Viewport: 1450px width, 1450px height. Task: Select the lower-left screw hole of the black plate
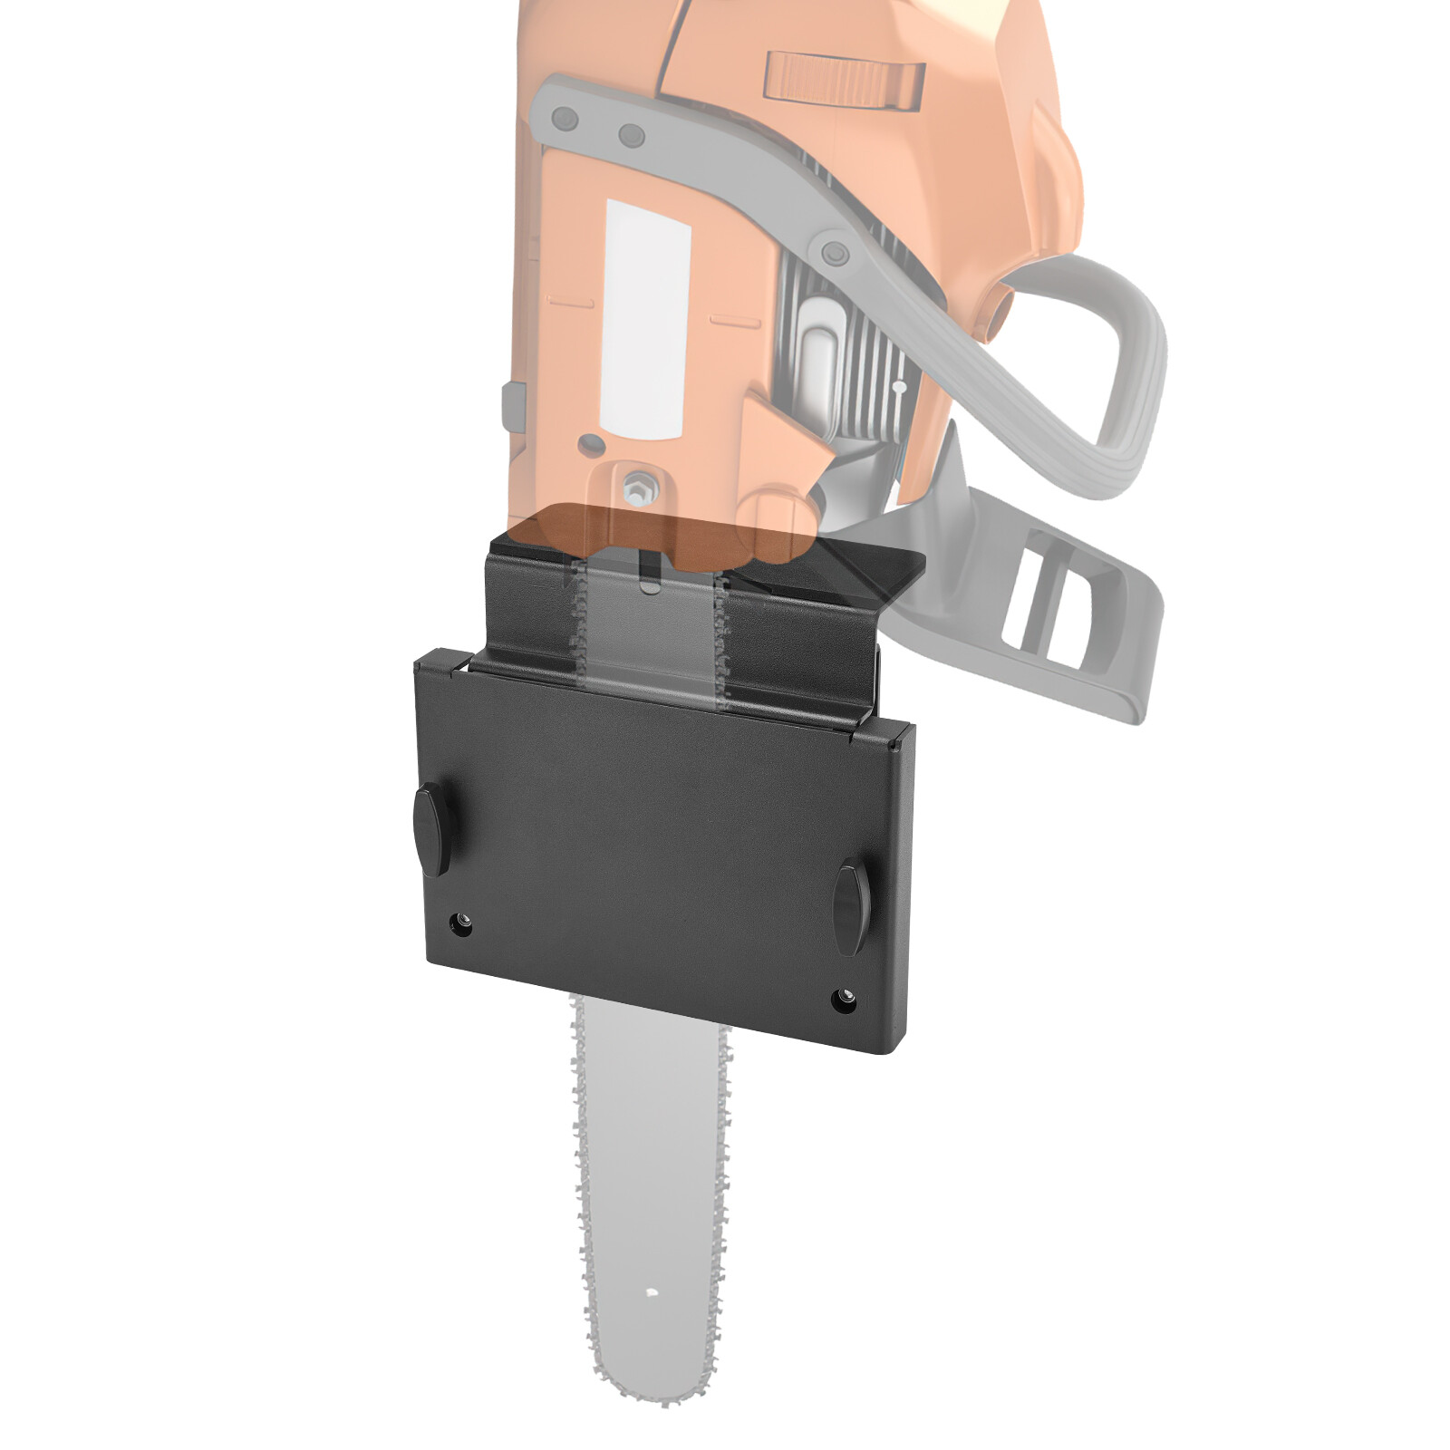click(x=462, y=925)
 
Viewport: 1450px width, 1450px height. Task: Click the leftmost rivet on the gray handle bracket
click(x=565, y=118)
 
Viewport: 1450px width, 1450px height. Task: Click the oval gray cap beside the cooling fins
click(x=820, y=358)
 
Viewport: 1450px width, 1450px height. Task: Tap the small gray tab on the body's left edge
click(x=513, y=405)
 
